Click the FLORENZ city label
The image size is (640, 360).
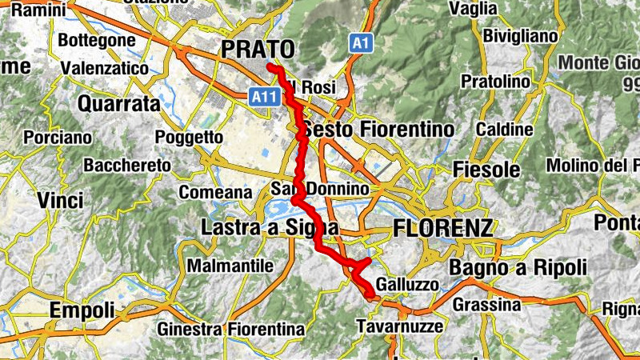tap(442, 229)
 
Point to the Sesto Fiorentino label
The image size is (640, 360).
tap(377, 130)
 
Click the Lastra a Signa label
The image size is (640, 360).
tap(269, 230)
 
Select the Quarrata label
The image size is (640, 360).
tap(119, 103)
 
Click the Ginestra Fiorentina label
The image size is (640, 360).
tap(231, 329)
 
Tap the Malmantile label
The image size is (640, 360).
tap(230, 266)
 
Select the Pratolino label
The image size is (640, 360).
tap(497, 82)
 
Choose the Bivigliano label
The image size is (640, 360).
tap(520, 36)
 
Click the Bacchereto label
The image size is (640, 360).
tap(127, 166)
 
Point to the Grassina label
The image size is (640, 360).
tap(486, 305)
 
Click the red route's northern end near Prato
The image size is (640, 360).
tap(271, 67)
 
